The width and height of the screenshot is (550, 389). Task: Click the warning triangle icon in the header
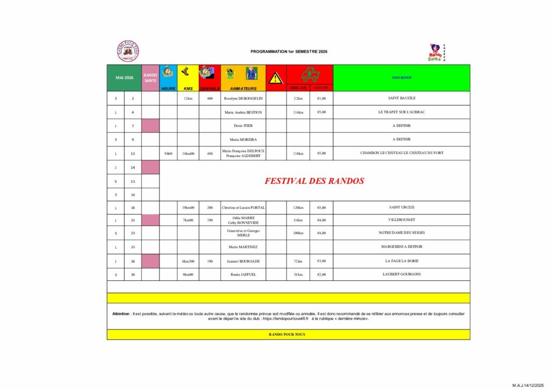coord(276,78)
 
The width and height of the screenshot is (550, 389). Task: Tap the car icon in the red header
coord(310,75)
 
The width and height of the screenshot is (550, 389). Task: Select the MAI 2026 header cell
coord(124,78)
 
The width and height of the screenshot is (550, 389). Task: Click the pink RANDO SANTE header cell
coord(150,78)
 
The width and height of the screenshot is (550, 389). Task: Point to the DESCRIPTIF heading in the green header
coord(401,77)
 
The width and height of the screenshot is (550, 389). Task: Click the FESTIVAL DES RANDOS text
coord(314,181)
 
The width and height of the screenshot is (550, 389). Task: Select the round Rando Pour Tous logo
coord(128,51)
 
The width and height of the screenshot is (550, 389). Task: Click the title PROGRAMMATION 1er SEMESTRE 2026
coord(288,52)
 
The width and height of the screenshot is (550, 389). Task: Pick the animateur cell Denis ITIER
coord(243,126)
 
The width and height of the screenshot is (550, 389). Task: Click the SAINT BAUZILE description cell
coord(402,98)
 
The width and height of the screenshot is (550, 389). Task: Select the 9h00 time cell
coord(168,153)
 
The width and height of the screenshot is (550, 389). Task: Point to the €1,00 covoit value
coord(321,98)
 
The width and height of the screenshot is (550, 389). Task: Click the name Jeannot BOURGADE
coord(243,261)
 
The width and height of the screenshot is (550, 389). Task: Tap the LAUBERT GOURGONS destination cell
coord(402,274)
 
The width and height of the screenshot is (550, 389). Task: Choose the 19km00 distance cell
coord(188,207)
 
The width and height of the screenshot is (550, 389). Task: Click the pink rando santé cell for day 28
coord(150,261)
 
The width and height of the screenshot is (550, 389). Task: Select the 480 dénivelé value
coord(209,153)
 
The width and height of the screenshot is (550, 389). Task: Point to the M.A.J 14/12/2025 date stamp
coord(529,385)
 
